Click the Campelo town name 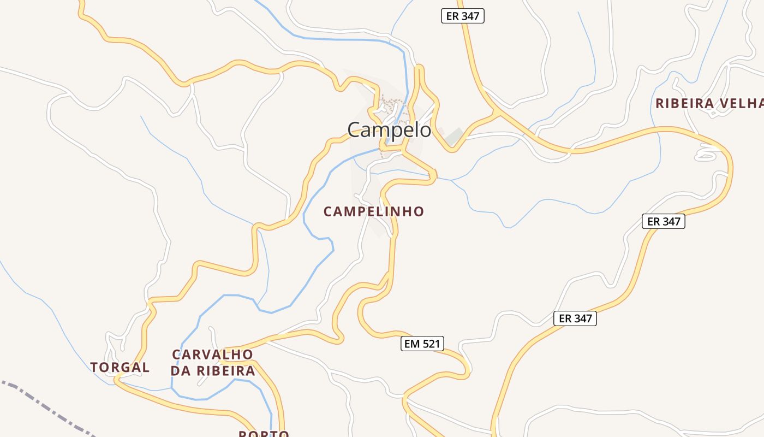pyautogui.click(x=389, y=130)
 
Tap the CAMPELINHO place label pyautogui.click(x=374, y=211)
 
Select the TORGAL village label pyautogui.click(x=120, y=367)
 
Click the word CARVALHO pyautogui.click(x=212, y=355)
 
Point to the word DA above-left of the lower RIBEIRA pyautogui.click(x=181, y=371)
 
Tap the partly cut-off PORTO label pyautogui.click(x=264, y=434)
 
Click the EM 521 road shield pyautogui.click(x=422, y=344)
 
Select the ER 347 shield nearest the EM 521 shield pyautogui.click(x=575, y=318)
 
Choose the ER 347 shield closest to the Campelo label pyautogui.click(x=462, y=16)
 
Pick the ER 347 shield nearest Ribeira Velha pyautogui.click(x=663, y=221)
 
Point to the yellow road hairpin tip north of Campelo pyautogui.click(x=419, y=68)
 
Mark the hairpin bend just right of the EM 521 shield pyautogui.click(x=467, y=369)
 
